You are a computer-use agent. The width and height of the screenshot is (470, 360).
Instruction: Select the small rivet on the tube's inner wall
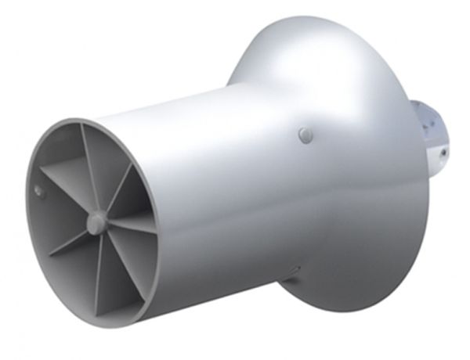click(x=38, y=189)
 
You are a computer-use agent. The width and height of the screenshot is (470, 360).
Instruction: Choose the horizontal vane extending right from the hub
click(x=129, y=226)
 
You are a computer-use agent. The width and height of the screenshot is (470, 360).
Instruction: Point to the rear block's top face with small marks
click(x=427, y=117)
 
